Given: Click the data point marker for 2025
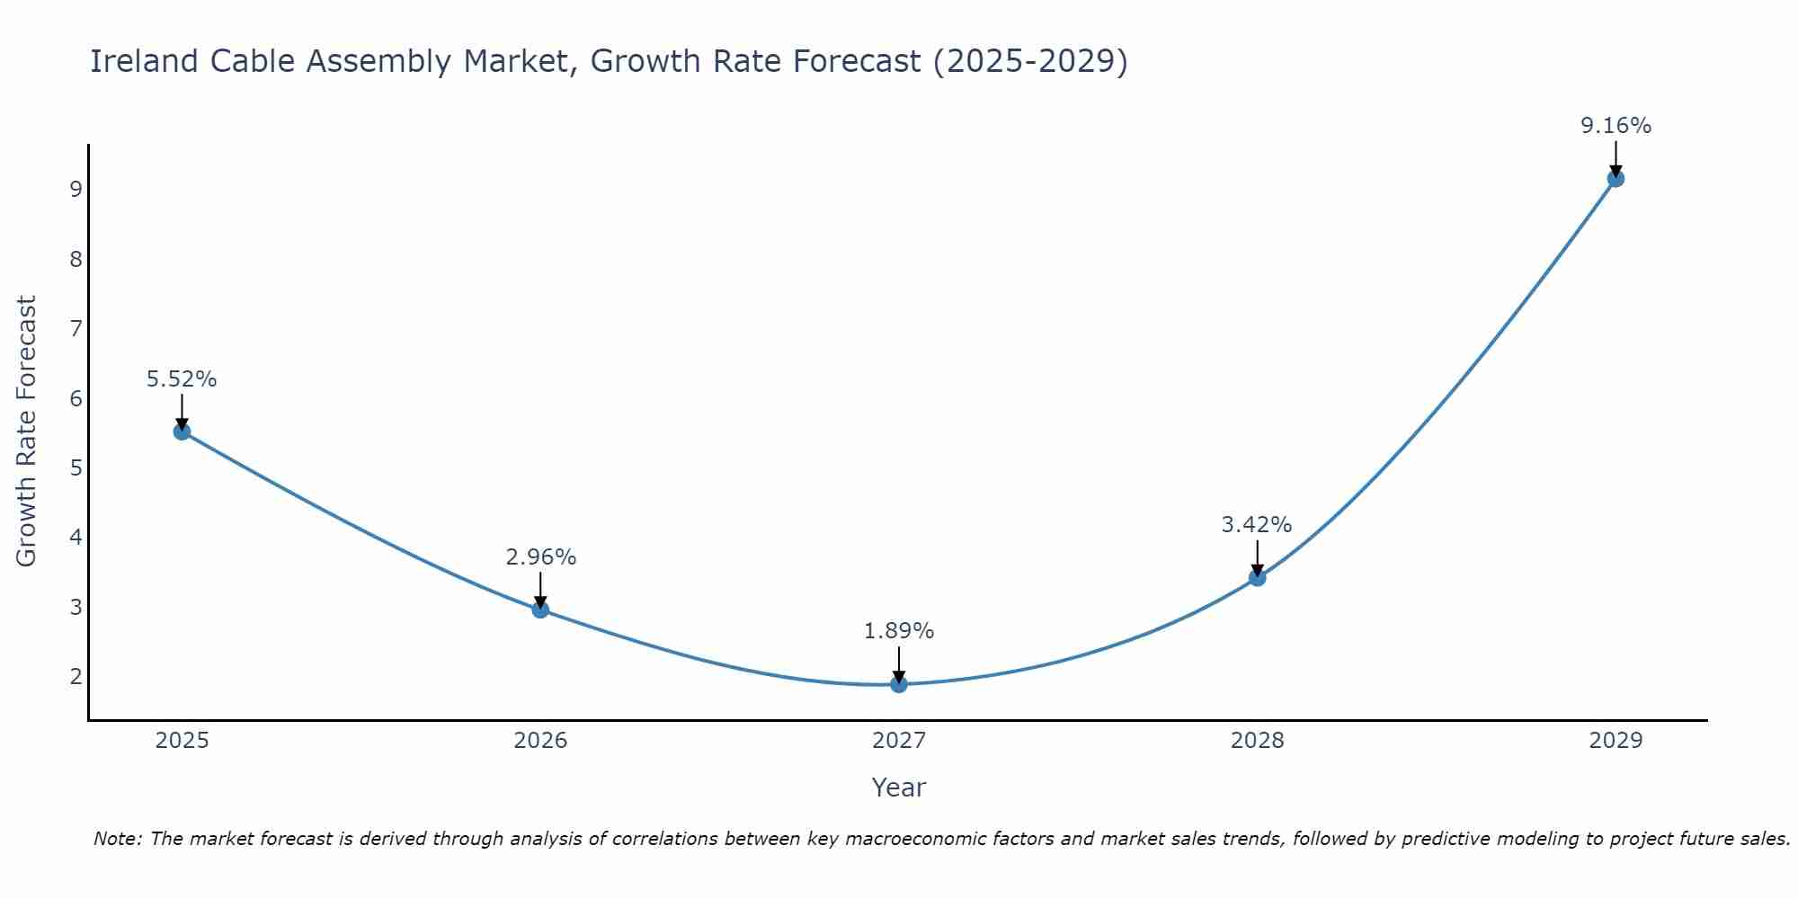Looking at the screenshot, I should (182, 432).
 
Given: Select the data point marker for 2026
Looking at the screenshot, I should (540, 610).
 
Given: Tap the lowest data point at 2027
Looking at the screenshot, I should (899, 684).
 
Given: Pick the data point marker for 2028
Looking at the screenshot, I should (1257, 577).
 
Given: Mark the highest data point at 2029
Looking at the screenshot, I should (1616, 178).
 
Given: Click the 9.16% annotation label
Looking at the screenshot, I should (1616, 126).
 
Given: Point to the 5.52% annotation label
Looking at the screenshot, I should (182, 379).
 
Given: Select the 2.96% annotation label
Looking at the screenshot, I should (540, 557).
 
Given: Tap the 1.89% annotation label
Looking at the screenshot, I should (899, 631).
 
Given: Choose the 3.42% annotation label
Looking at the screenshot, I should (1257, 525).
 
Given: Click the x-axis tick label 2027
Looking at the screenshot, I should (899, 741).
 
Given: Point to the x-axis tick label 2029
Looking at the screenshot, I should (1616, 741).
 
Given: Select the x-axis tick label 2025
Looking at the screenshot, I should (182, 741).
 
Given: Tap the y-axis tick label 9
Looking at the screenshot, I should (76, 190).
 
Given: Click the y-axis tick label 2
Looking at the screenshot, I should (76, 677).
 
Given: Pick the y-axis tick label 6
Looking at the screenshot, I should (76, 398).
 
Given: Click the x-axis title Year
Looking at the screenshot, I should (899, 788).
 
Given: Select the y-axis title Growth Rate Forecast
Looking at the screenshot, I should (27, 432).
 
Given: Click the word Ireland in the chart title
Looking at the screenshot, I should (144, 61).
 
